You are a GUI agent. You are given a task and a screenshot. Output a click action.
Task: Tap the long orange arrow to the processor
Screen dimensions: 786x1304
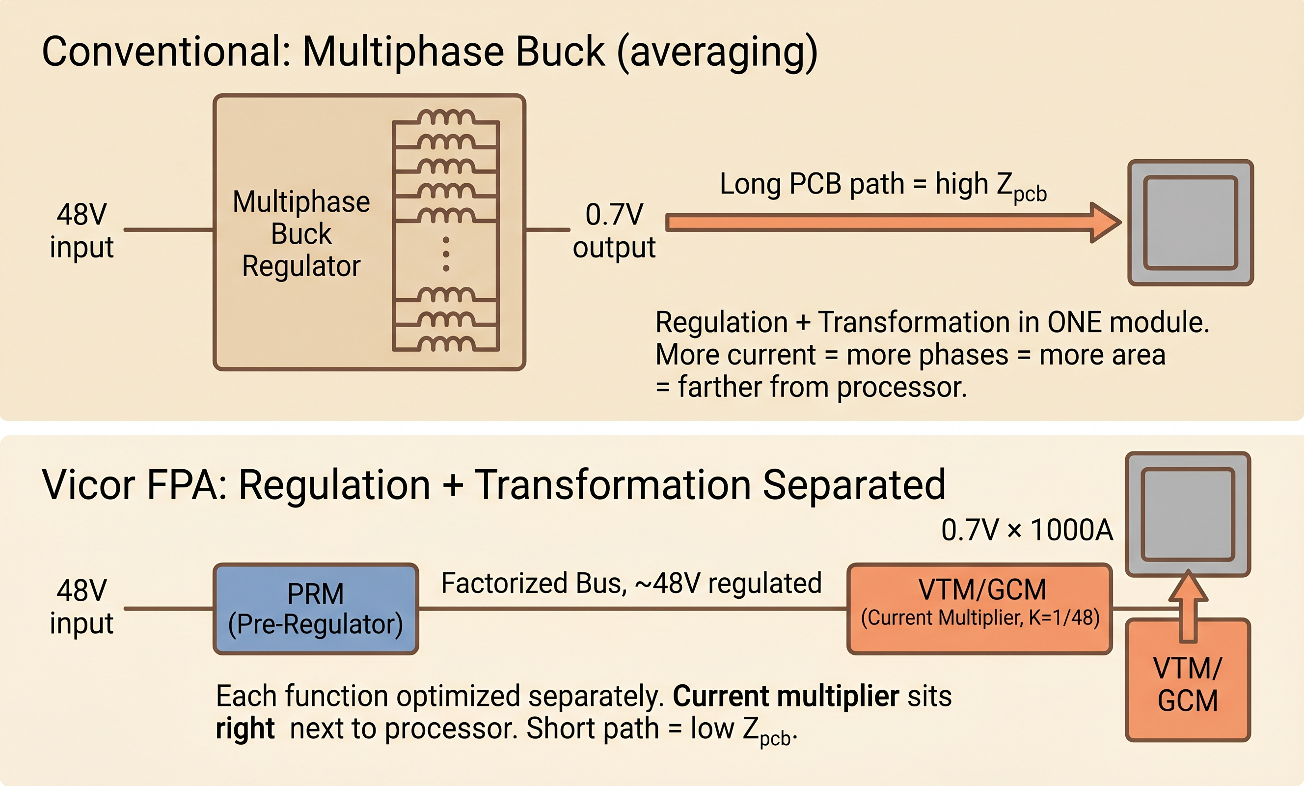pos(889,223)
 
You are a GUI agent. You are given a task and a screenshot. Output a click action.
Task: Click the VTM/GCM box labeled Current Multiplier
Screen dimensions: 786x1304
pos(979,609)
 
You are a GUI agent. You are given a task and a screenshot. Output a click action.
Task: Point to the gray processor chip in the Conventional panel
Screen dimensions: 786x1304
pos(1190,223)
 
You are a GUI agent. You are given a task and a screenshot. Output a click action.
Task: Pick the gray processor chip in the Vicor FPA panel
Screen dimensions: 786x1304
pos(1188,514)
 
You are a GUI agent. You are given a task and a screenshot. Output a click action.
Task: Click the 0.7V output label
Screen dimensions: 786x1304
pos(614,231)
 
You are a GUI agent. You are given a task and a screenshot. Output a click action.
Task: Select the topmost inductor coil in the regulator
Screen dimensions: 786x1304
pos(446,117)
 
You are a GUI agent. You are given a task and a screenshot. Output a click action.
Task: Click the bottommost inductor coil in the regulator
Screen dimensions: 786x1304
pos(446,343)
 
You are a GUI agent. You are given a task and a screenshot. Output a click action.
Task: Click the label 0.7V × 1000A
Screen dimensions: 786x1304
pos(1027,530)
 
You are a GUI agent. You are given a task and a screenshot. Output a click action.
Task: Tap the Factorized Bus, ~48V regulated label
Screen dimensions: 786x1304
pos(631,583)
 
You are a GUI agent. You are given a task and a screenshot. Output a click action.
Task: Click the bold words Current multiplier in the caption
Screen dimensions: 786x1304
pos(786,696)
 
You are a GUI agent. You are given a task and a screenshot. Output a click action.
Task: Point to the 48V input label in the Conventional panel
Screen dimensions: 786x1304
pos(81,231)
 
